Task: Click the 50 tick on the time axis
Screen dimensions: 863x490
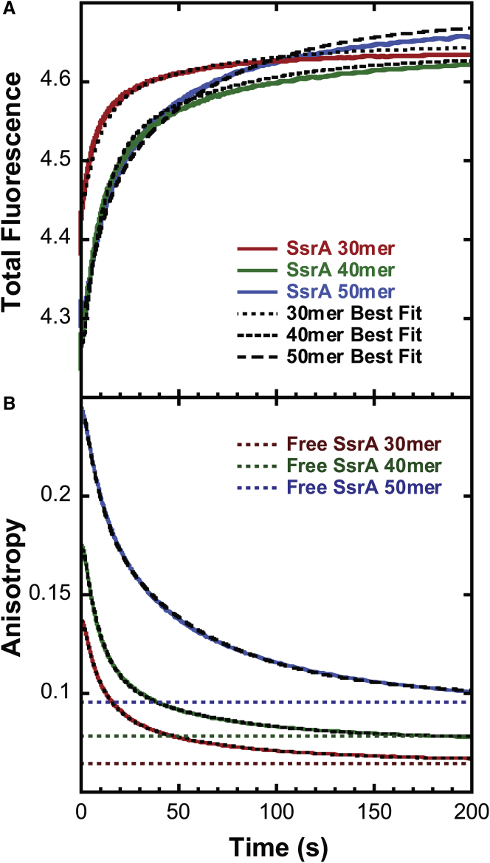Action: pyautogui.click(x=177, y=812)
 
